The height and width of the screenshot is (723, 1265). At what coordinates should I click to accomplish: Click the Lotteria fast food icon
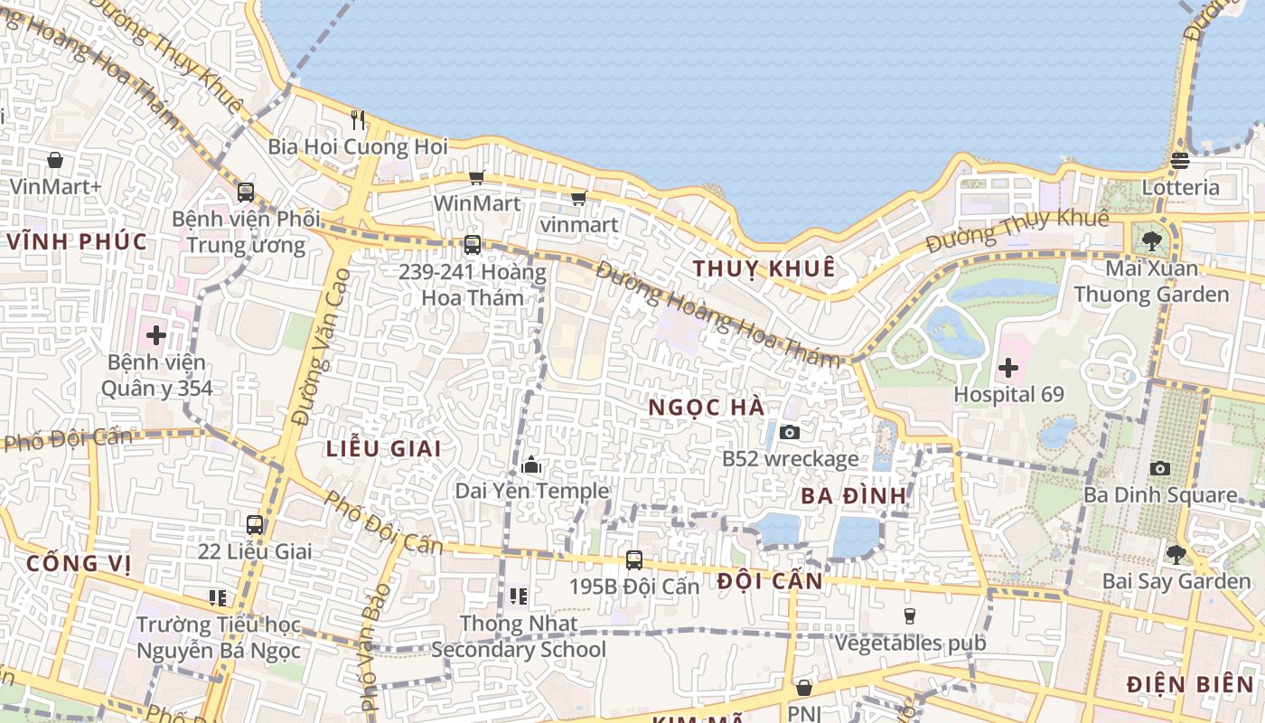pyautogui.click(x=1179, y=161)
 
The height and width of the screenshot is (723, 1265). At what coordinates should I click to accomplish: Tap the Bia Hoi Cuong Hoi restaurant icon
pyautogui.click(x=358, y=119)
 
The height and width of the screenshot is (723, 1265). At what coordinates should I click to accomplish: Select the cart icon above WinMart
pyautogui.click(x=476, y=177)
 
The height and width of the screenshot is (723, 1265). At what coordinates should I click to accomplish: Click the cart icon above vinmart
pyautogui.click(x=578, y=198)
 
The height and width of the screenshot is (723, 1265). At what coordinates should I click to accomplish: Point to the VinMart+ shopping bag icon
pyautogui.click(x=55, y=160)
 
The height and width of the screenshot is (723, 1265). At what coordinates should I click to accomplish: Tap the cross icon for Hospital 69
pyautogui.click(x=1008, y=368)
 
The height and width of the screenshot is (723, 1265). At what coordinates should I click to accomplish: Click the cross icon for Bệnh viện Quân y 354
pyautogui.click(x=156, y=335)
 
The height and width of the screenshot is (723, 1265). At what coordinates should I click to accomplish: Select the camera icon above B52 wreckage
pyautogui.click(x=789, y=432)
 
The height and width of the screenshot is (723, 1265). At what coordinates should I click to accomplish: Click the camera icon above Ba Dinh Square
pyautogui.click(x=1160, y=468)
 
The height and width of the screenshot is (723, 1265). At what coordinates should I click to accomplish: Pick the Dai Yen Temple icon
pyautogui.click(x=531, y=465)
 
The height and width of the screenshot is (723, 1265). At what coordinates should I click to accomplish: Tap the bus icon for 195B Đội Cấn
pyautogui.click(x=634, y=559)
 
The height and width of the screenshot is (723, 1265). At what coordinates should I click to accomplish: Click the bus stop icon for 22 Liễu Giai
pyautogui.click(x=255, y=524)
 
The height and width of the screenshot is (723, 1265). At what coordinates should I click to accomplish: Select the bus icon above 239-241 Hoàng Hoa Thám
pyautogui.click(x=472, y=244)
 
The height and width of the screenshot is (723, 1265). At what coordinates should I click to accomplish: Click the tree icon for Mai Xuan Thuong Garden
pyautogui.click(x=1151, y=240)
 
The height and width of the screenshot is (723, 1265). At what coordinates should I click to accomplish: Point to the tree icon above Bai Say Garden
pyautogui.click(x=1176, y=554)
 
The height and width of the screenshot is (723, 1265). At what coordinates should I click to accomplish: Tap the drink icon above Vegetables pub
pyautogui.click(x=910, y=616)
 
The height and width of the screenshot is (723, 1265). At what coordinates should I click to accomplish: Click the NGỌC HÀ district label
pyautogui.click(x=707, y=408)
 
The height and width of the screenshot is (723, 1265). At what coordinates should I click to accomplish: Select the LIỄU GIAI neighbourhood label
pyautogui.click(x=384, y=448)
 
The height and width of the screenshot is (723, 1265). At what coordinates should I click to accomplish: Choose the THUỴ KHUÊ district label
pyautogui.click(x=764, y=268)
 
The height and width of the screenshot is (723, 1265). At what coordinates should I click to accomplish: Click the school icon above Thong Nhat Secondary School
pyautogui.click(x=519, y=596)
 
